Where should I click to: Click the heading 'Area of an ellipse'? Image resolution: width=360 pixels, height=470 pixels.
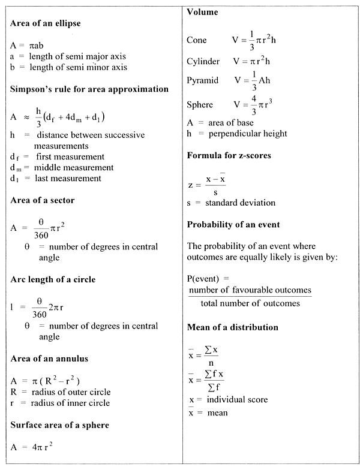46,23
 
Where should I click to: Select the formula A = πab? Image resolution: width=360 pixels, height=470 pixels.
28,45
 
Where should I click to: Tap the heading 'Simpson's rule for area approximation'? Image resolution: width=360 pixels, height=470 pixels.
89,89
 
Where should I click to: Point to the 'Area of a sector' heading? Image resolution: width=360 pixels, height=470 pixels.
43,200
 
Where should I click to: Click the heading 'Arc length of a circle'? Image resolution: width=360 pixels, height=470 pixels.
53,279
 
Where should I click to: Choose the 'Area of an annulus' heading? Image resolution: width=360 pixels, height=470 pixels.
49,358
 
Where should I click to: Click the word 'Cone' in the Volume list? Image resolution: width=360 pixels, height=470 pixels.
197,40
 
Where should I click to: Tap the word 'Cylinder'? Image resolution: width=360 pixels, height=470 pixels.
203,61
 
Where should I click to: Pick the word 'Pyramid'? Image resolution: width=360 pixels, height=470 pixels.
203,80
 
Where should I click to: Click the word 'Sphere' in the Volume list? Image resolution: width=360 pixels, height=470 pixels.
200,104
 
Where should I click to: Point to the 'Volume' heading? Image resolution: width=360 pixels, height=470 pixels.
203,12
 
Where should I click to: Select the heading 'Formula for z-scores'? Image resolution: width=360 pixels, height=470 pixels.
229,155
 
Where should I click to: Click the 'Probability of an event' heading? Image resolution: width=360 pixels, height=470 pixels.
233,225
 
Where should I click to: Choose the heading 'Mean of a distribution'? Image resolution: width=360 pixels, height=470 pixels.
233,327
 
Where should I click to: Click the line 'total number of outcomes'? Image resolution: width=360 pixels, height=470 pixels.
250,303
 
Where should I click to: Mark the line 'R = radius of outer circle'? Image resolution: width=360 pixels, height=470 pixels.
61,392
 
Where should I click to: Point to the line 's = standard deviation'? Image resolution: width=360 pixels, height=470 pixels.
231,203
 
